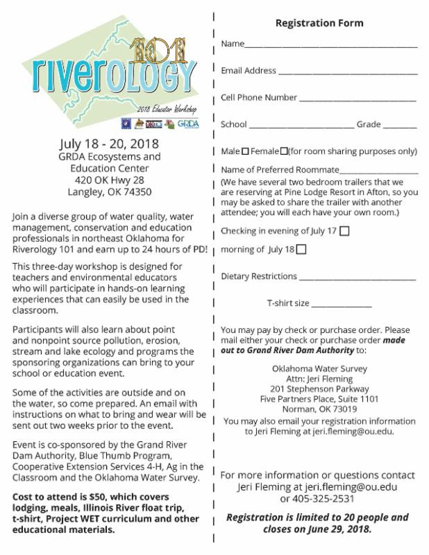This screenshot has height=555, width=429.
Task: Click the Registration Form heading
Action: click(x=319, y=23)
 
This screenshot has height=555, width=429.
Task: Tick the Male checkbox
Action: click(x=246, y=151)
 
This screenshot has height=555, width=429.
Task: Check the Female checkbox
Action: click(x=284, y=151)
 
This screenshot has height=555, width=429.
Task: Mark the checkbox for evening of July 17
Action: click(x=345, y=230)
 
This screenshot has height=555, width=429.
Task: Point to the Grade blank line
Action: click(x=399, y=126)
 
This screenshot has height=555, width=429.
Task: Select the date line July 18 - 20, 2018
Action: click(x=110, y=144)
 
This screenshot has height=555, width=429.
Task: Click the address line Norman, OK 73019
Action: click(x=319, y=409)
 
